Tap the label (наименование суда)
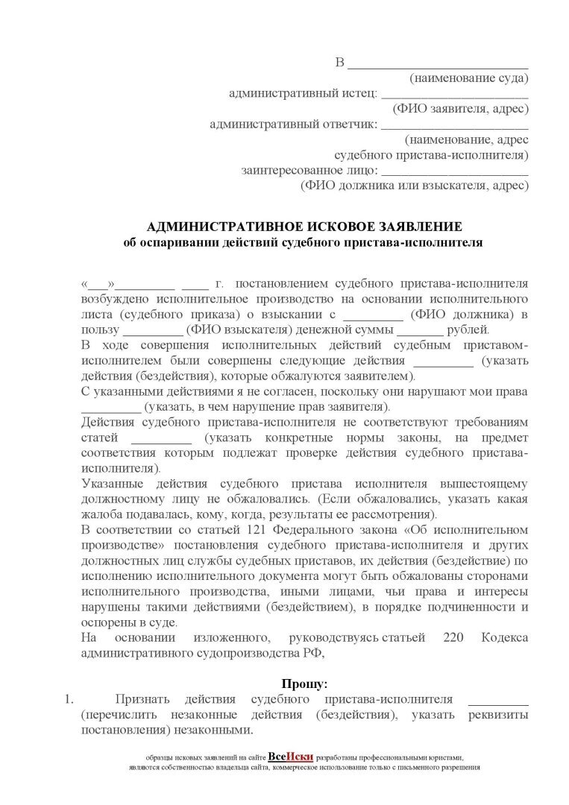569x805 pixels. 468,78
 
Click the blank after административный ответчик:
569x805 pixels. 454,124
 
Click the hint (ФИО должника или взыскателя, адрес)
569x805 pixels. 414,186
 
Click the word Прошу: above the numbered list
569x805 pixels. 304,683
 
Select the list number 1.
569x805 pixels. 68,699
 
